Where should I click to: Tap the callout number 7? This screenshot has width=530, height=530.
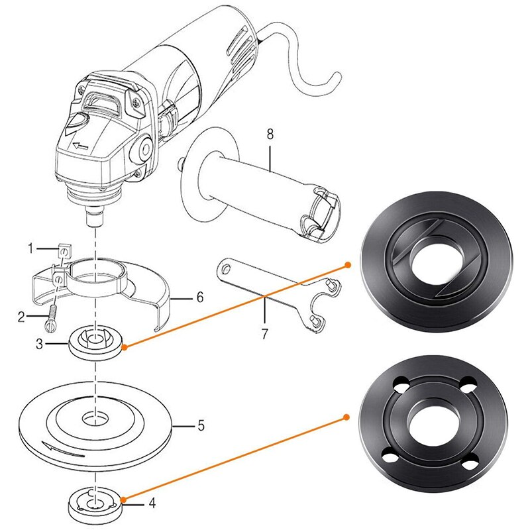264,334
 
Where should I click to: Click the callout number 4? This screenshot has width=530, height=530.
152,503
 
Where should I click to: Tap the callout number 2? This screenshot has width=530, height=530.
22,317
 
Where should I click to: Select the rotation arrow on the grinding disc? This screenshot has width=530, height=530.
63,450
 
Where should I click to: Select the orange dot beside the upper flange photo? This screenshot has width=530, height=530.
346,265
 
